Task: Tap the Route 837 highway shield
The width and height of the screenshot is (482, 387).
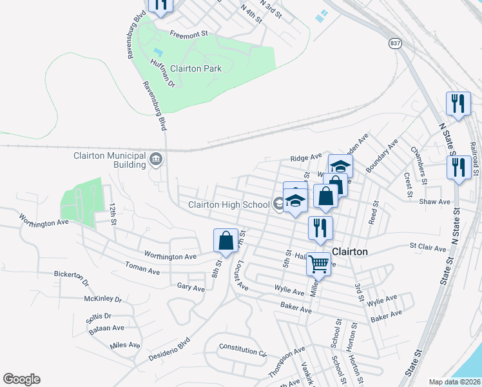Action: (394, 43)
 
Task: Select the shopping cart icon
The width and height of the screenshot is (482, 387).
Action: (318, 263)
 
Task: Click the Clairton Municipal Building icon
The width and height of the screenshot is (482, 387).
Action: (155, 158)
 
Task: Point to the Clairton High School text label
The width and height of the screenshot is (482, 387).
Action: (228, 205)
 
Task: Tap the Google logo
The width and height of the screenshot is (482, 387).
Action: (21, 379)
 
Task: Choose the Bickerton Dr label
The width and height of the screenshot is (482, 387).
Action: (71, 279)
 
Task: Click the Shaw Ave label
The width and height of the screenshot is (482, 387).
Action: (434, 202)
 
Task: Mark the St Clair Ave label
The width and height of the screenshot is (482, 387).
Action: (427, 247)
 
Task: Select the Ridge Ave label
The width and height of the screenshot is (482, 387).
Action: (305, 157)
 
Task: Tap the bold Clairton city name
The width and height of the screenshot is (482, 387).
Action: (349, 252)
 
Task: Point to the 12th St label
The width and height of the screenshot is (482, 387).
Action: (113, 213)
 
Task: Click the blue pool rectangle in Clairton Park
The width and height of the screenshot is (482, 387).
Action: (159, 52)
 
